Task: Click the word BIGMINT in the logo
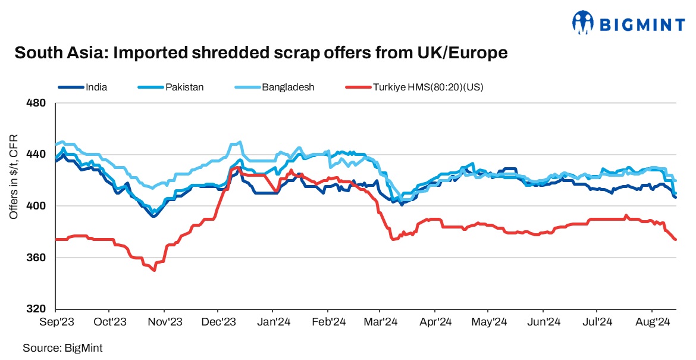pos(641,24)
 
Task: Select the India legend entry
pos(96,87)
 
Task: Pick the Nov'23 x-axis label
pos(164,323)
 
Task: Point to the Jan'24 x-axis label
pos(272,323)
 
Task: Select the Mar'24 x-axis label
pos(381,323)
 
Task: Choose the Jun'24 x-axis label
pos(543,323)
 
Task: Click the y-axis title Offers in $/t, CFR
pos(14,177)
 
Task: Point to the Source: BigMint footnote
pos(58,347)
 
